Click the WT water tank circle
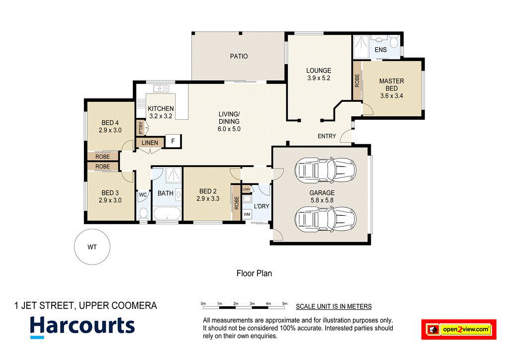pos(92,247)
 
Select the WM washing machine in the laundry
pos(247,214)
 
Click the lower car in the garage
pos(325,217)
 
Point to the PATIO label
pos(239,57)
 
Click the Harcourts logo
pos(82,326)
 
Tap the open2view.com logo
pos(458,329)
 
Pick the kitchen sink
pos(162,89)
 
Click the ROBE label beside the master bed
pos(357,81)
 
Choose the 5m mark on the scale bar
pos(284,303)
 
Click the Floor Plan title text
pos(254,273)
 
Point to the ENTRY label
pos(327,136)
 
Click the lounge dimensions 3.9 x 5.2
pos(319,78)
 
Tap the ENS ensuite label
pos(380,50)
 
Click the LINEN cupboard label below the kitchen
pos(150,143)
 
